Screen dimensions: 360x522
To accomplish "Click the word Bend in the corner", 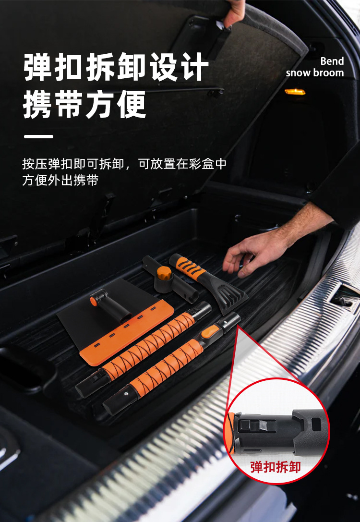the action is (x=332, y=61).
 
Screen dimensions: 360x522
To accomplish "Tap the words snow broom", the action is (x=315, y=73).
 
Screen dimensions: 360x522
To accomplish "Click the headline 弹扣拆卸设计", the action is (x=116, y=67).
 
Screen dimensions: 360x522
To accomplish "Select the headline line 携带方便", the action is (x=84, y=105).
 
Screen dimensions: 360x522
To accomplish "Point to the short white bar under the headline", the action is (x=38, y=136).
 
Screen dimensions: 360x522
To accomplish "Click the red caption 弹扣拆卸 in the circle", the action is (x=276, y=467).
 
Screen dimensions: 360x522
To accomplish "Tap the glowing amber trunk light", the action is (x=295, y=92).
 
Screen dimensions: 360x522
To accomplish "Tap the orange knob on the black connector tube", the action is (x=164, y=273).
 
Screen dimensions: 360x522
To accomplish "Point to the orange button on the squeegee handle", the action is (x=94, y=302).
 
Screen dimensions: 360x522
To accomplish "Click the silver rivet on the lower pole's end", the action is (x=126, y=394).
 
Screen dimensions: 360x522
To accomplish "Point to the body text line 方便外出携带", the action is (x=60, y=181).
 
